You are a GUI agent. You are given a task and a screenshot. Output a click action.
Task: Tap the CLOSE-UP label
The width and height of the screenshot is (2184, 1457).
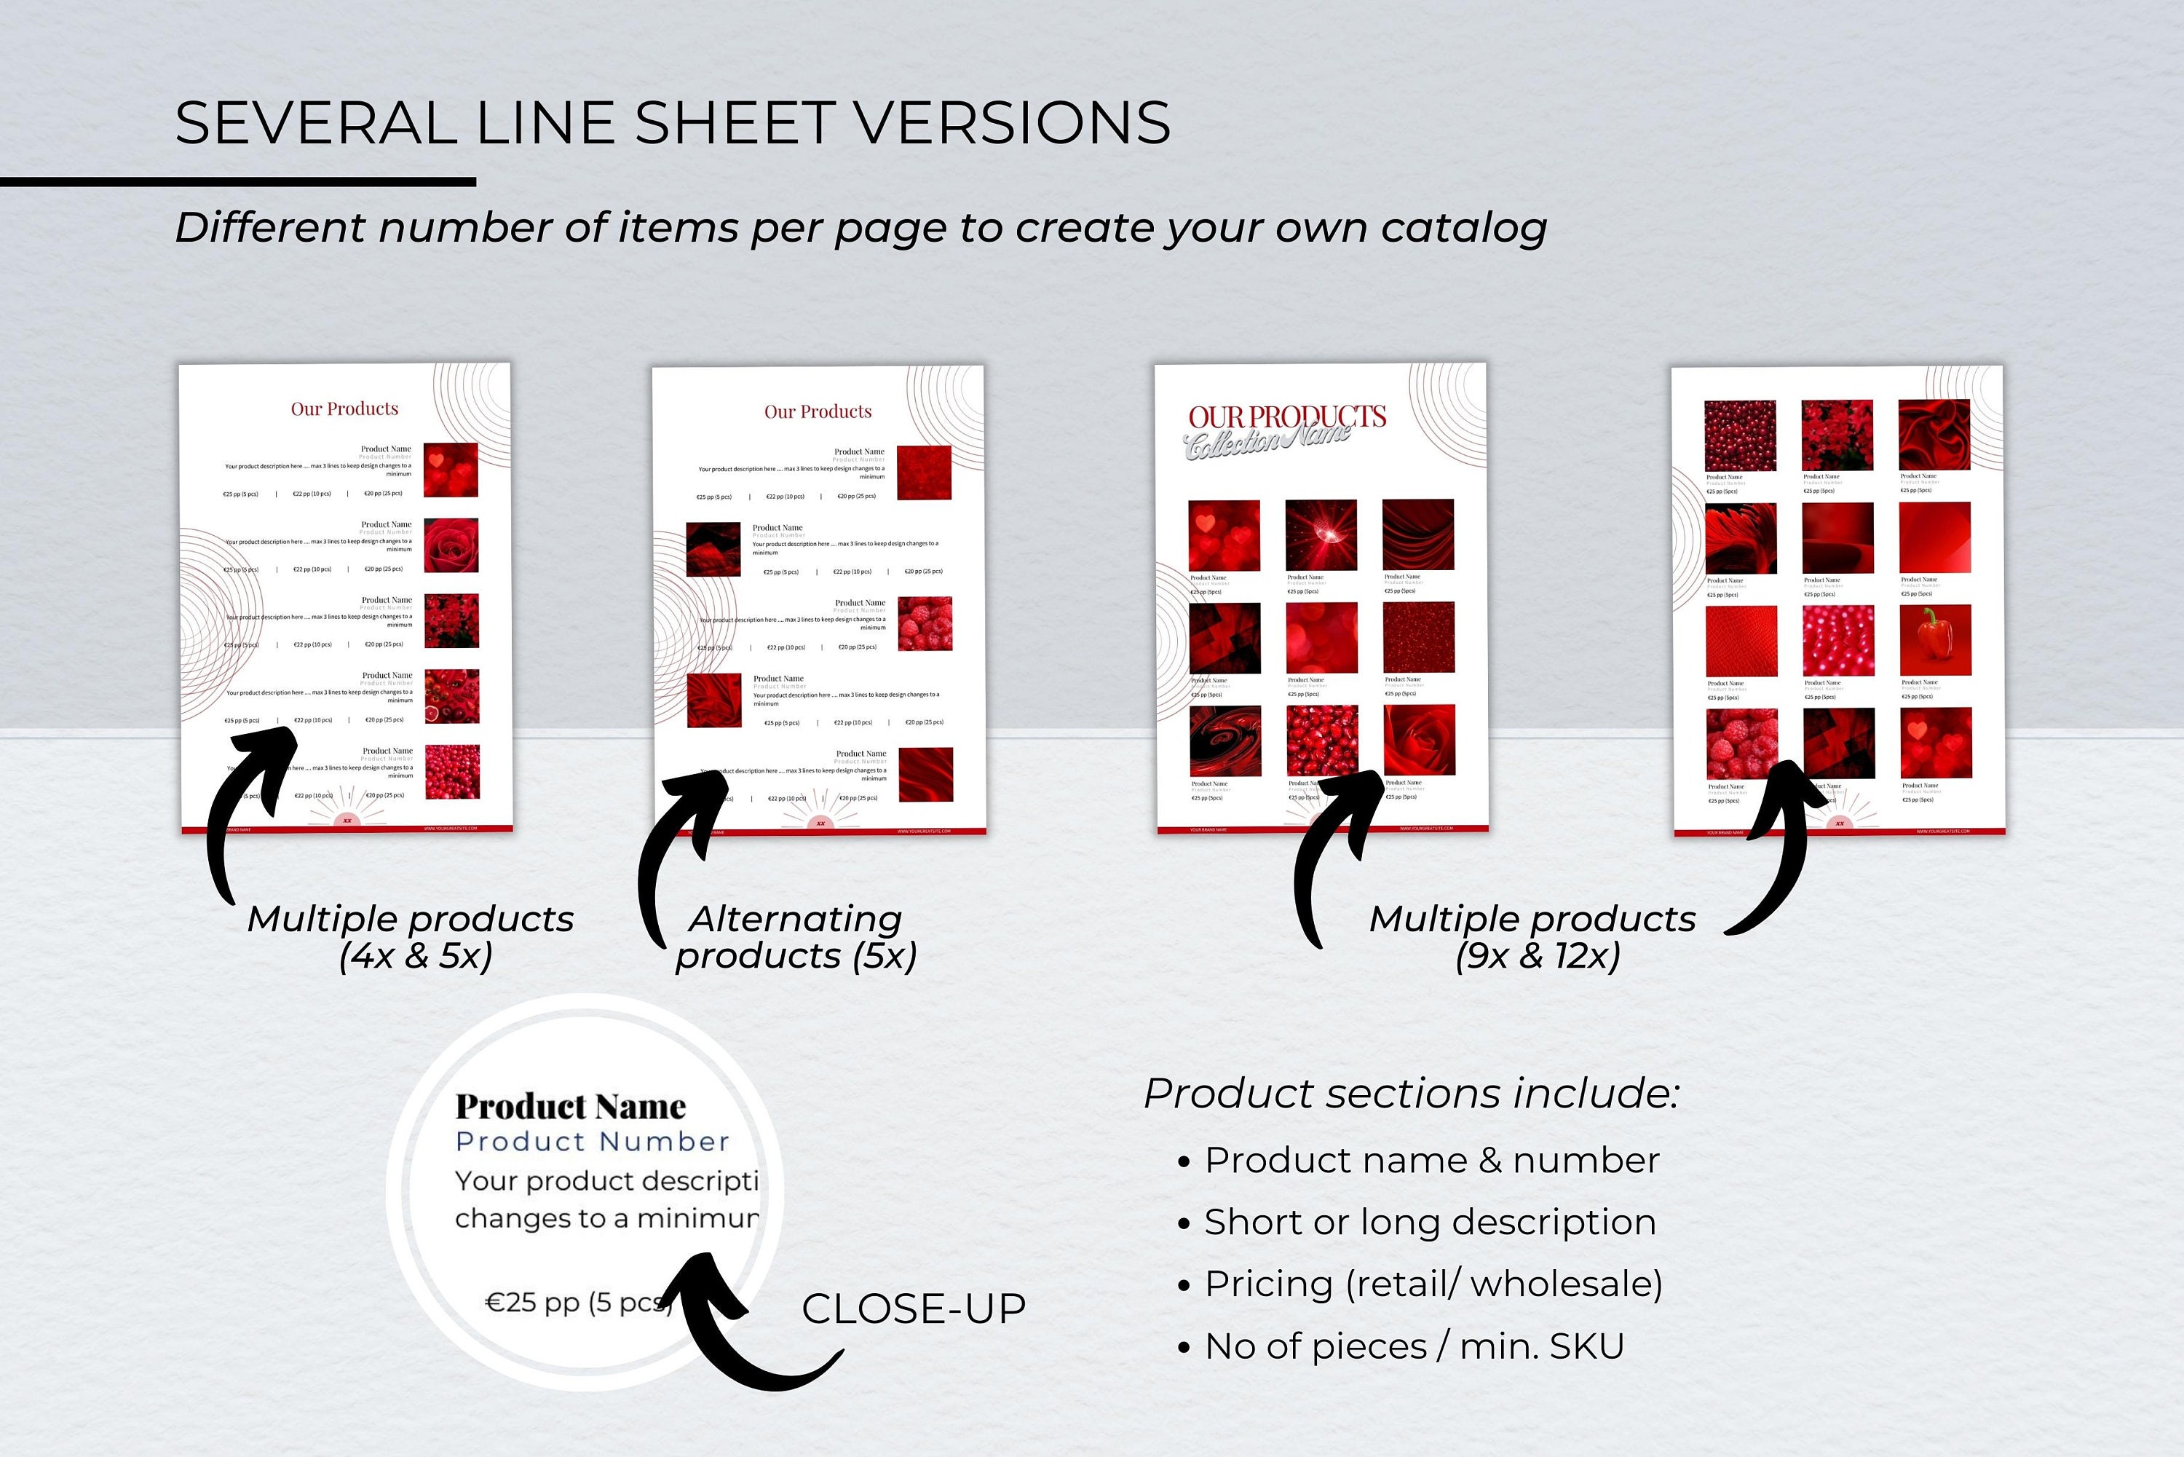point(913,1308)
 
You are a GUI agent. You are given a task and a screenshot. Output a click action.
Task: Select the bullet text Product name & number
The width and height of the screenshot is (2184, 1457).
point(1431,1161)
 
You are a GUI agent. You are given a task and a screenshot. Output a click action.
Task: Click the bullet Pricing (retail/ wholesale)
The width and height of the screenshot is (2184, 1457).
point(1433,1284)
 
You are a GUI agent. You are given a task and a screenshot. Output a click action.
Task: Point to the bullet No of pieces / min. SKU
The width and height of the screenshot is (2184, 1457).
point(1413,1346)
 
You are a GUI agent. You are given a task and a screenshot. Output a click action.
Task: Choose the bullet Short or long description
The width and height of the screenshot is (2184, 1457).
point(1429,1222)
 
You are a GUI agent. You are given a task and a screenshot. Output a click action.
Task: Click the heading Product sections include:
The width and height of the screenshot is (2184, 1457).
point(1411,1094)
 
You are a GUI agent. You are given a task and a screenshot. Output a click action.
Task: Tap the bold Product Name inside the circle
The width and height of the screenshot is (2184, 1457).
point(570,1107)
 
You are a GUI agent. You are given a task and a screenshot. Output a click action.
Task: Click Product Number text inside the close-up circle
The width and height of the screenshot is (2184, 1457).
point(592,1142)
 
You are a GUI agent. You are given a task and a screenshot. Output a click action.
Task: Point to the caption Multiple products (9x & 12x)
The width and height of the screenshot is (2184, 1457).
point(1532,938)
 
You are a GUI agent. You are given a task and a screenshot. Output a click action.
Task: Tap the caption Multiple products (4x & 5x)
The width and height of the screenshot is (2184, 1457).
point(411,938)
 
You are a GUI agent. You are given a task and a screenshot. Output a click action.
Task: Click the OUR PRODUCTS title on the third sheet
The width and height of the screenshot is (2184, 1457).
point(1286,417)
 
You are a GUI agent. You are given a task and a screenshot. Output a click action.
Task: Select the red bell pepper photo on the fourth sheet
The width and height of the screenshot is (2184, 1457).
point(1935,639)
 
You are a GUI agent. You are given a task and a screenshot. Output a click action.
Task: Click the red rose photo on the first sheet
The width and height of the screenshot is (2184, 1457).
point(451,545)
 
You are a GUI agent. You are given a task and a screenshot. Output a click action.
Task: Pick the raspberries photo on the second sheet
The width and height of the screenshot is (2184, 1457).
point(925,623)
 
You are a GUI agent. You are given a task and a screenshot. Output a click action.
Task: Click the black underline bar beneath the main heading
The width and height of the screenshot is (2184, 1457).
point(238,182)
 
